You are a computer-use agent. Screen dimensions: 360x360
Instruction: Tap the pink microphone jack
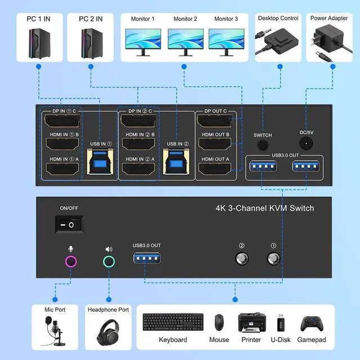tap(71, 262)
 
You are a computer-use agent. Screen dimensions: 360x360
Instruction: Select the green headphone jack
tap(109, 262)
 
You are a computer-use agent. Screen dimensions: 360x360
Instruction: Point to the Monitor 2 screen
tap(185, 41)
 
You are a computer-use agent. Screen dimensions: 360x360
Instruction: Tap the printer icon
tap(251, 323)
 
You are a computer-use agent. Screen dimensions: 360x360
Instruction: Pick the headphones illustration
tap(109, 328)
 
